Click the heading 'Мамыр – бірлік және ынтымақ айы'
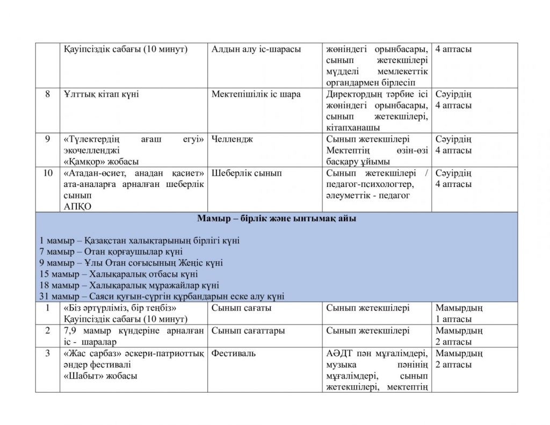coord(276,219)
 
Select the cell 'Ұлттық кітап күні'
coord(101,95)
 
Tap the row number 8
coord(48,95)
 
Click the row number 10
coord(48,173)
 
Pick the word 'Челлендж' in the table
coord(232,140)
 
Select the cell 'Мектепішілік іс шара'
coord(256,95)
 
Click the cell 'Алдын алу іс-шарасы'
coord(256,49)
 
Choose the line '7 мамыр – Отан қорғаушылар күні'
coord(111,251)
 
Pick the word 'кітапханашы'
coord(353,128)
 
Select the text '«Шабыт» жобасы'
coord(100,376)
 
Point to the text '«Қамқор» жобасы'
coord(101,162)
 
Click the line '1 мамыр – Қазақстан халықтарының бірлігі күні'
coord(140,240)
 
